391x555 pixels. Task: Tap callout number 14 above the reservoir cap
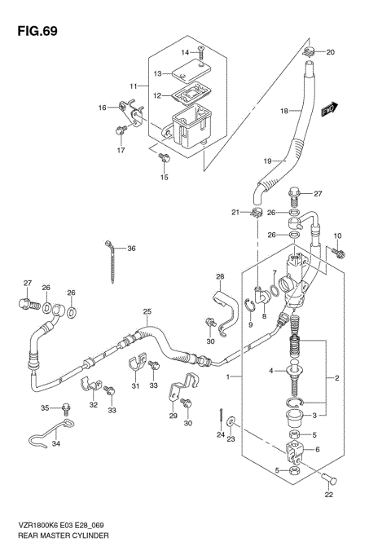click(185, 52)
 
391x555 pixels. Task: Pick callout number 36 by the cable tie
click(131, 249)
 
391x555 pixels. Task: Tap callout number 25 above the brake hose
click(147, 312)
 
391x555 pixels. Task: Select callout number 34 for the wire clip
click(55, 444)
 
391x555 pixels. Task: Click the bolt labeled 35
click(68, 407)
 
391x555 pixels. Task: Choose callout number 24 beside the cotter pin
click(221, 434)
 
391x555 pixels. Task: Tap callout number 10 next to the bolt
click(340, 236)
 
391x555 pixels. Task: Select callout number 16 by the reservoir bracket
click(103, 108)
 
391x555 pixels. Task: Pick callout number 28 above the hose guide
click(219, 276)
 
